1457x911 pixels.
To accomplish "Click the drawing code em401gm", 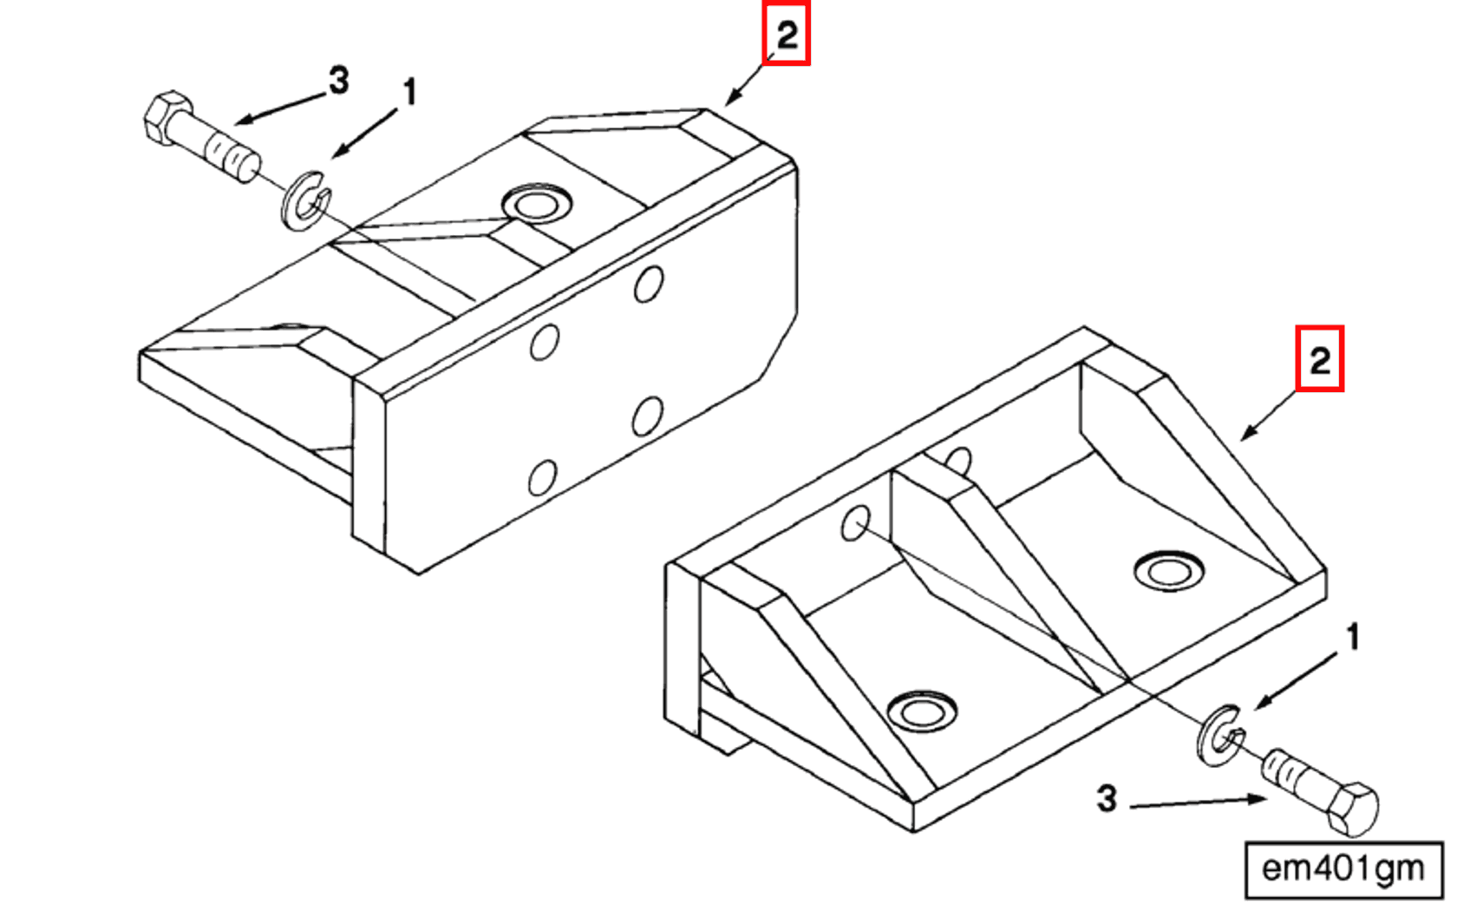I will [x=1343, y=868].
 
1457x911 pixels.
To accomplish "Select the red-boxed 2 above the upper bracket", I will [x=786, y=35].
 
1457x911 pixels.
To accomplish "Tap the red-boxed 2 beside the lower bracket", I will [x=1319, y=359].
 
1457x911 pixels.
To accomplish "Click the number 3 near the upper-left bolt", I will [x=338, y=81].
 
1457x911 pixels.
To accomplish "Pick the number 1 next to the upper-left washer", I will [x=409, y=92].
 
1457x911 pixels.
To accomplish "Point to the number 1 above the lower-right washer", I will [x=1352, y=638].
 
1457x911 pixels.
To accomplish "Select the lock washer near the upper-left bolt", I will [x=304, y=201].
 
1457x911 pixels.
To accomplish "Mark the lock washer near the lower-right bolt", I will [x=1220, y=736].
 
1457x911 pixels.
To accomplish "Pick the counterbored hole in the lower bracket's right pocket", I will [x=1169, y=571].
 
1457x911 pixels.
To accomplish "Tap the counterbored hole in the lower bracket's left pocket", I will [x=923, y=712].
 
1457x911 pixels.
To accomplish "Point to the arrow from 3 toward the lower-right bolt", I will [x=1197, y=803].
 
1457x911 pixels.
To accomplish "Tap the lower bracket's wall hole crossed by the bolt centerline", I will [x=856, y=524].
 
